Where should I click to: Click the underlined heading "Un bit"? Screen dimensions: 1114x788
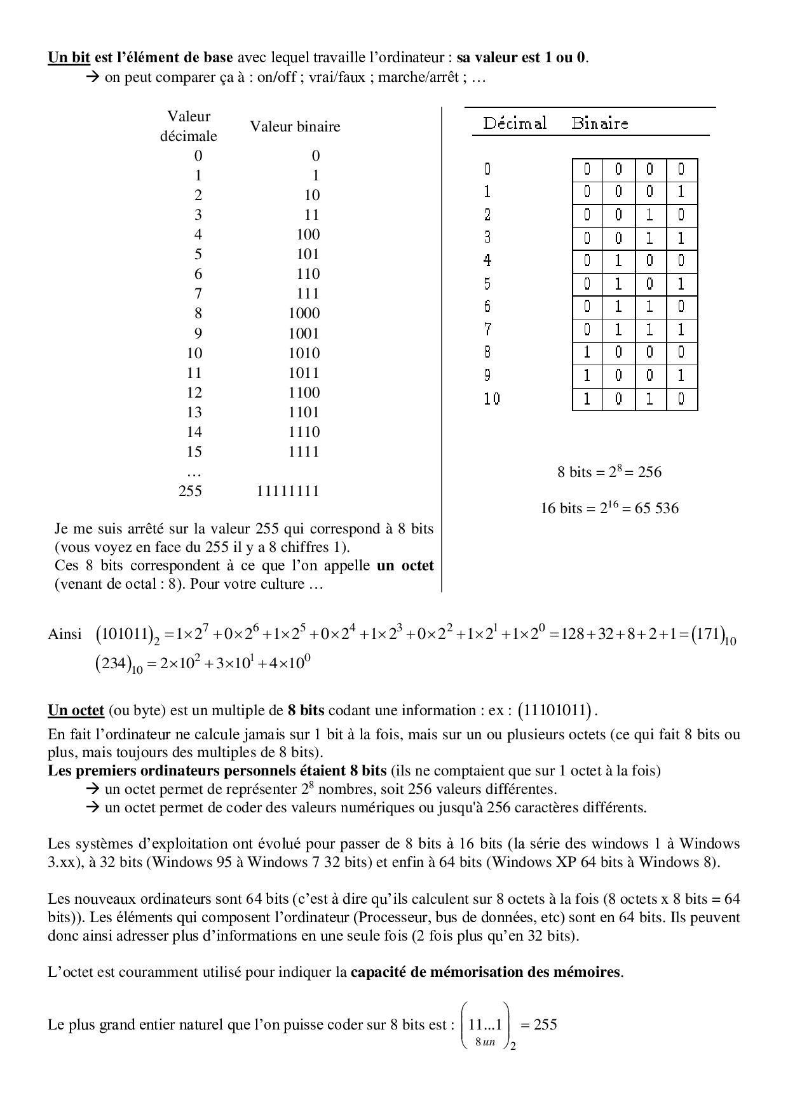tap(69, 58)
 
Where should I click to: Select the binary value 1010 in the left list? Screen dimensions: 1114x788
tap(304, 353)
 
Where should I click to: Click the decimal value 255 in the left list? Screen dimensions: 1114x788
tap(190, 491)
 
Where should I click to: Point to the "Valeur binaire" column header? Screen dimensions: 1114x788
tap(295, 126)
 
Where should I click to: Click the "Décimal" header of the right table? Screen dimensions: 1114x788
tap(515, 123)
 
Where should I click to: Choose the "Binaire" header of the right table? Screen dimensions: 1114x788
tap(599, 123)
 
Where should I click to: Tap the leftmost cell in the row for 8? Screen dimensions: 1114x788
tap(587, 352)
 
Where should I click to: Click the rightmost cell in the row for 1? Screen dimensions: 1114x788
tap(681, 192)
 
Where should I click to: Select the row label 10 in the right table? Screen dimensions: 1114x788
tap(492, 399)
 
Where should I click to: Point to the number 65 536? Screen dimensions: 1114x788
tap(656, 508)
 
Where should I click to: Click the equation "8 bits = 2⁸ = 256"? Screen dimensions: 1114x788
tap(609, 472)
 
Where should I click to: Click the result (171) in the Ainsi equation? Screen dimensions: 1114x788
tap(705, 634)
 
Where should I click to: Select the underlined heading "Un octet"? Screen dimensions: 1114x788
tap(76, 710)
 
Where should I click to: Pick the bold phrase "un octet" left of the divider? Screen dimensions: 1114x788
tap(405, 565)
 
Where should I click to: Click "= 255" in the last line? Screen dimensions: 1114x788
tap(538, 1024)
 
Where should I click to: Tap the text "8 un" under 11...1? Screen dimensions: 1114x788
tap(484, 1042)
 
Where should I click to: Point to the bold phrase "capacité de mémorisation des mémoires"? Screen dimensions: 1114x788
tap(486, 972)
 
